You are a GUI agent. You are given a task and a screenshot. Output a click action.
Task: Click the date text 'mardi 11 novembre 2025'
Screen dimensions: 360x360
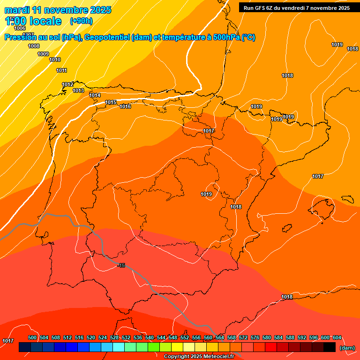pyautogui.click(x=58, y=10)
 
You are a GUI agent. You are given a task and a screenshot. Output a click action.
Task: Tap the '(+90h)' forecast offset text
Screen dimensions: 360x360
pyautogui.click(x=81, y=21)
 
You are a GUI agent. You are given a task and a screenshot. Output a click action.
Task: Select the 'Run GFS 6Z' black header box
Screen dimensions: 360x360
pyautogui.click(x=297, y=7)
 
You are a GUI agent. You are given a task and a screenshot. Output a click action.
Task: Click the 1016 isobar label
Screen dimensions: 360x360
pyautogui.click(x=125, y=107)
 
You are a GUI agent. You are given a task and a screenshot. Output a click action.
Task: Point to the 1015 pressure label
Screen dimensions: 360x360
pyautogui.click(x=111, y=102)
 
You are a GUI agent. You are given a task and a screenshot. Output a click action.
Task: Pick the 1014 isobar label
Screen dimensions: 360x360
pyautogui.click(x=95, y=95)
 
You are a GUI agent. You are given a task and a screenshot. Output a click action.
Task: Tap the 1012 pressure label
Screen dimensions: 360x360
pyautogui.click(x=67, y=84)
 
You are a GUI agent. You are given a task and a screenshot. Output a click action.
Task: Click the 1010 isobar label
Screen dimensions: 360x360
pyautogui.click(x=55, y=60)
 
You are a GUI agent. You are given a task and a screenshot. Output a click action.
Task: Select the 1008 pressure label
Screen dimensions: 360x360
pyautogui.click(x=34, y=46)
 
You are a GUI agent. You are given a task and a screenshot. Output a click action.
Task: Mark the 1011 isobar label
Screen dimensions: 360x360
pyautogui.click(x=61, y=70)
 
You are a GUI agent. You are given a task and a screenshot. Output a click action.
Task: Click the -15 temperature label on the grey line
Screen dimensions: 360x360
pyautogui.click(x=121, y=266)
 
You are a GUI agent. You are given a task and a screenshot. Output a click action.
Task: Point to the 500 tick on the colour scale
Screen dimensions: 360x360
pyautogui.click(x=32, y=337)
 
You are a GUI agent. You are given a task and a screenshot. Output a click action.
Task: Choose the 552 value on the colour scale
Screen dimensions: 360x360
pyautogui.click(x=185, y=337)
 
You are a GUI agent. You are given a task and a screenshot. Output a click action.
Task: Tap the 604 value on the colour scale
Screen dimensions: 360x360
pyautogui.click(x=337, y=337)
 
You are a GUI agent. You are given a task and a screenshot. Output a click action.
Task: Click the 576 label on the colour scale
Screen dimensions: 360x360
pyautogui.click(x=255, y=337)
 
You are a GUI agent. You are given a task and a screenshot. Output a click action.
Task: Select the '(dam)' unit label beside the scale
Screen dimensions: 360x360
pyautogui.click(x=347, y=348)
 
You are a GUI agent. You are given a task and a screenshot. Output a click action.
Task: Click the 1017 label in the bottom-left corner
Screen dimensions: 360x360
pyautogui.click(x=8, y=341)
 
